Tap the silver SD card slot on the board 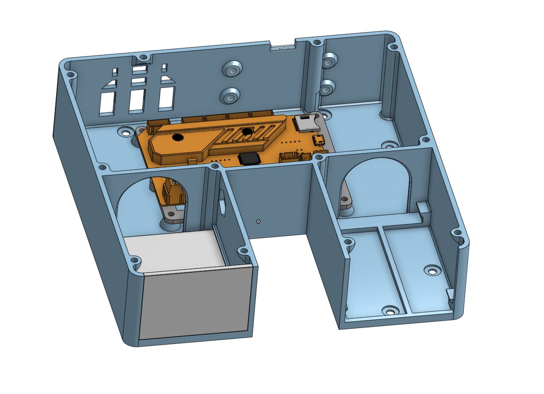point(306,123)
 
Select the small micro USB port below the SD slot point(318,140)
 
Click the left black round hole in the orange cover point(178,138)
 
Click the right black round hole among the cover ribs point(247,132)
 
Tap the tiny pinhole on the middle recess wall point(258,221)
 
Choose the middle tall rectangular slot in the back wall point(137,100)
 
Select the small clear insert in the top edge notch point(283,48)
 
